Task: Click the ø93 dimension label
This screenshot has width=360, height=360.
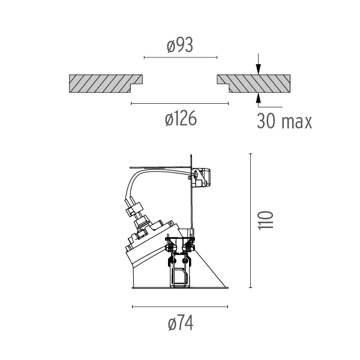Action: pos(180,46)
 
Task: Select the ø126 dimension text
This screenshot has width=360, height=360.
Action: pos(181,118)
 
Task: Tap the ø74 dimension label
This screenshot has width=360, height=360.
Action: pos(181,323)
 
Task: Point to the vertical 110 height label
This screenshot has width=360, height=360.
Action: pos(266,220)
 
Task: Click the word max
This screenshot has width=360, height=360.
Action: pos(296,122)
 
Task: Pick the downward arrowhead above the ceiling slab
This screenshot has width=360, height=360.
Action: pos(259,70)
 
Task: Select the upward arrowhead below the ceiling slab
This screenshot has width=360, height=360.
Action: pos(259,98)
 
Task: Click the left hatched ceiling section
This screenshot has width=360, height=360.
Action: pos(106,83)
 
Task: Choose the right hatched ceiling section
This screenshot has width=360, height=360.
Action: pos(254,83)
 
